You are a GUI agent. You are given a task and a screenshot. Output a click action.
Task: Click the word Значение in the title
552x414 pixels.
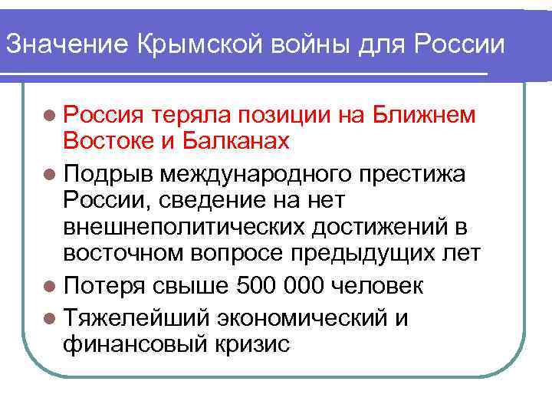point(67,44)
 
